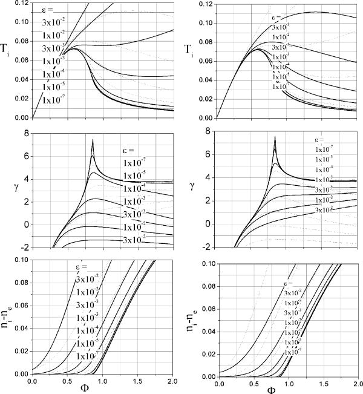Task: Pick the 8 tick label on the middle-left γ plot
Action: coord(25,131)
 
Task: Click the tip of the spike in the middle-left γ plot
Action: coord(93,140)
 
